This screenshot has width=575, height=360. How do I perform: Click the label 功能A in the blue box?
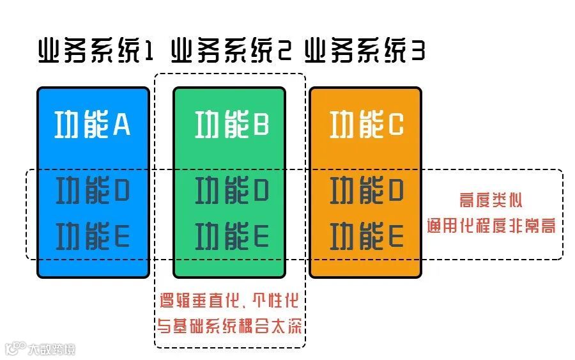pos(93,125)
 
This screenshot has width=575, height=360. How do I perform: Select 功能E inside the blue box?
pos(93,237)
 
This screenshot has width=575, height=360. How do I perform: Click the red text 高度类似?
pos(491,201)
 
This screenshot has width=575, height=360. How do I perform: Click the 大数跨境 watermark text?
pos(51,349)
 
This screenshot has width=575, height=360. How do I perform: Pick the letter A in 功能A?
pos(122,125)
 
